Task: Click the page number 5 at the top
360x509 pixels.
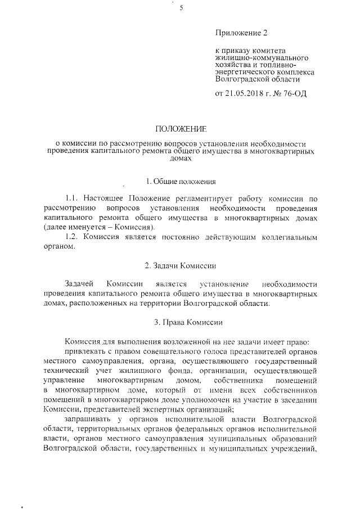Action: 181,7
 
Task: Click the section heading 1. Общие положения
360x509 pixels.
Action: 180,181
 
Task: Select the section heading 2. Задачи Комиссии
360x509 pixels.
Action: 180,264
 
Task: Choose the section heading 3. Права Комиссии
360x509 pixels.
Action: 180,322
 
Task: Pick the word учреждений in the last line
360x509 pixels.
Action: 291,448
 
